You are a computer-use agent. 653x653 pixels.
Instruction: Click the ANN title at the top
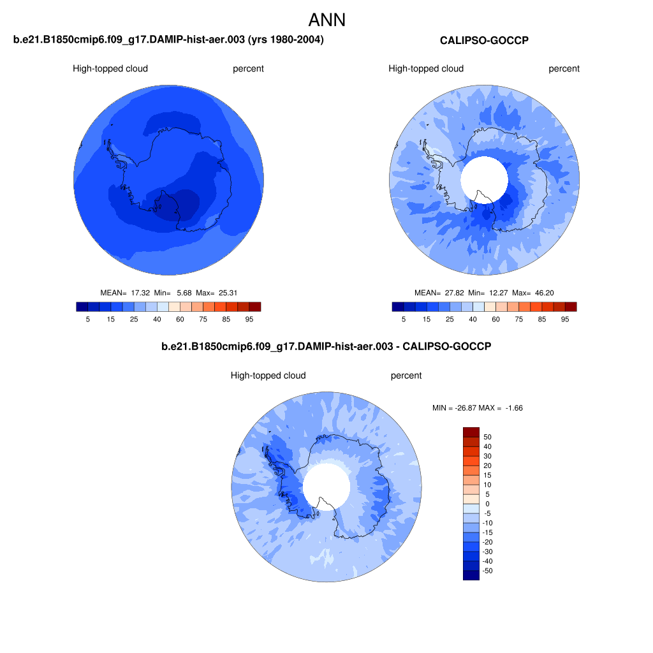point(327,20)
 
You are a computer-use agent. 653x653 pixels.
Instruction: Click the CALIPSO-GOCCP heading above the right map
point(485,40)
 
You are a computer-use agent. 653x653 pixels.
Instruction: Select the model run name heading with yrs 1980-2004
point(168,40)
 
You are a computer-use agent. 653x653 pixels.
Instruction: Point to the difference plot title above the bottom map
point(326,346)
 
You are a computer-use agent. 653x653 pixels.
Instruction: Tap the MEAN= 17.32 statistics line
point(168,293)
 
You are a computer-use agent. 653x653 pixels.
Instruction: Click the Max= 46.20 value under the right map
point(533,293)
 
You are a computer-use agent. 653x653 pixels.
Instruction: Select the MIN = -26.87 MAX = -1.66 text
point(477,408)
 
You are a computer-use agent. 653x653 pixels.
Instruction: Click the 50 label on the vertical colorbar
point(488,437)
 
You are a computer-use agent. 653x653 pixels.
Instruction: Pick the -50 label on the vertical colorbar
point(487,571)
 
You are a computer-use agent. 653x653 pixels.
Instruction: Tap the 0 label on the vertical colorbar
point(488,504)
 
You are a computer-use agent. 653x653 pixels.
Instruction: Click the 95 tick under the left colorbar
point(249,319)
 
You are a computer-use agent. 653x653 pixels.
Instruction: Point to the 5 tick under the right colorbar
point(404,319)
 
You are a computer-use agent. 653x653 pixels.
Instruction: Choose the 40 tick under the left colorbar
point(157,319)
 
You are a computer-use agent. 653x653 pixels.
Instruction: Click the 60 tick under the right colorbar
point(495,319)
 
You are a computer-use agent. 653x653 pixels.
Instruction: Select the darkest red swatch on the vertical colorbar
point(471,432)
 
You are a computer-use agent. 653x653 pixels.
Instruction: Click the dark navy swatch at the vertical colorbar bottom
point(471,575)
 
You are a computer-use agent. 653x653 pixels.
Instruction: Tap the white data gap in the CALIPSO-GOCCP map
point(485,180)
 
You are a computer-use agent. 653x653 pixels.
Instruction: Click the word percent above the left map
point(248,69)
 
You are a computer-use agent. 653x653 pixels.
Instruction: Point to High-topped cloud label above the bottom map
point(268,376)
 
